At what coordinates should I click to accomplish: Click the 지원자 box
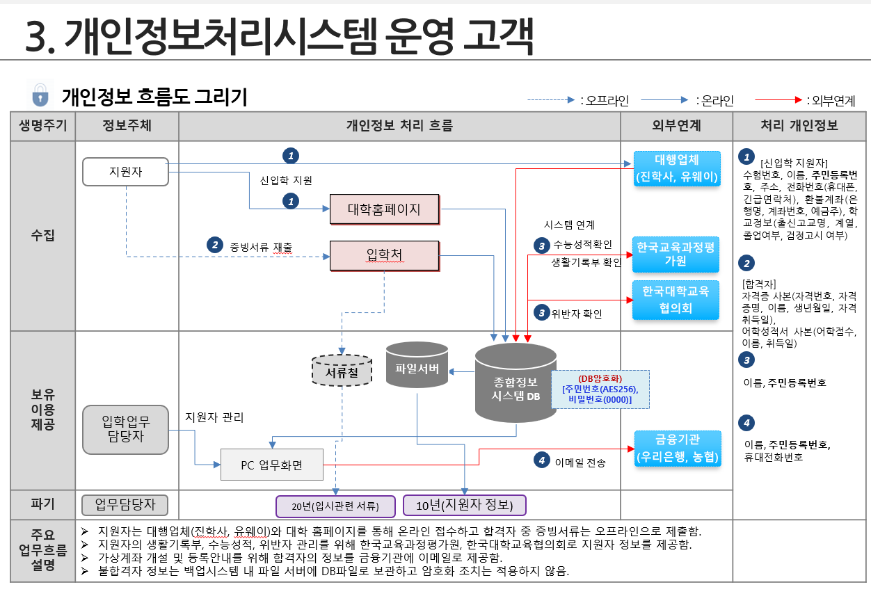(x=125, y=172)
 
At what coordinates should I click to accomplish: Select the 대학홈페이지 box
(x=384, y=209)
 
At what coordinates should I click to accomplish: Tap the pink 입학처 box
(x=384, y=255)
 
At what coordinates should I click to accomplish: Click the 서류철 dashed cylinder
(x=342, y=371)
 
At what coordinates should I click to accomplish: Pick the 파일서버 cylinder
(x=417, y=364)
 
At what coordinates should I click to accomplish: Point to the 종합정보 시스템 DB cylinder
(x=516, y=383)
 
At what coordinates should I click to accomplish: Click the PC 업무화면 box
(x=272, y=465)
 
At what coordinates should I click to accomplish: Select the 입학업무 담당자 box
(x=125, y=430)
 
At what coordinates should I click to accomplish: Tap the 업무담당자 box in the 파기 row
(x=125, y=505)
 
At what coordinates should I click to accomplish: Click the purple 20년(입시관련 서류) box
(x=335, y=506)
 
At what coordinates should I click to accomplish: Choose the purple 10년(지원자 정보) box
(x=464, y=505)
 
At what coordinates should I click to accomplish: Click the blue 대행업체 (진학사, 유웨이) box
(x=677, y=168)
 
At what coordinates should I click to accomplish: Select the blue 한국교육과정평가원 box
(x=676, y=255)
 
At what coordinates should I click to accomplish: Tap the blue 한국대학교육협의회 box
(x=676, y=300)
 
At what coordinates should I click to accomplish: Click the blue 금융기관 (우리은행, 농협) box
(x=678, y=449)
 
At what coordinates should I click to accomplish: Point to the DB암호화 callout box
(x=600, y=389)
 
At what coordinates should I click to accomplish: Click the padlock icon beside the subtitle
(x=40, y=95)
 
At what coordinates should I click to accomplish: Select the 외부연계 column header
(x=676, y=126)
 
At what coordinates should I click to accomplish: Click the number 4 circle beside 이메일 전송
(x=542, y=460)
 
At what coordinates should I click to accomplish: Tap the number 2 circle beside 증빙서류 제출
(x=215, y=245)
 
